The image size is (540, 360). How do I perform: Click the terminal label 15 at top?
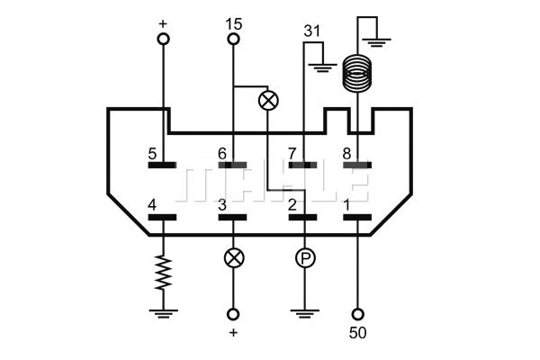click(x=233, y=23)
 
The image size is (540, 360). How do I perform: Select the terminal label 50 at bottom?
click(x=358, y=334)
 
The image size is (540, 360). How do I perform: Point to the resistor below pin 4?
click(x=163, y=272)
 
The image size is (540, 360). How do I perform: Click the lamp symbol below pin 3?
click(x=233, y=258)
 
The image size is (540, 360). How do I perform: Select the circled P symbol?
click(x=304, y=258)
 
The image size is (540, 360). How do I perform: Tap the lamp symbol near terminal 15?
click(x=268, y=100)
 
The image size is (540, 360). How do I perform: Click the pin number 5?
click(x=153, y=154)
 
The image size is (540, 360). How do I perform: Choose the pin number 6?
click(x=223, y=154)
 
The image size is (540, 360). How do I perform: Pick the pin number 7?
click(x=292, y=154)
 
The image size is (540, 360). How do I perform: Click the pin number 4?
click(x=153, y=205)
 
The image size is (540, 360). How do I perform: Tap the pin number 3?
click(x=223, y=205)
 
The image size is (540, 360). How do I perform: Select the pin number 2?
click(x=292, y=205)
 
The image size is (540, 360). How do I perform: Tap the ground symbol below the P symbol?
click(x=304, y=313)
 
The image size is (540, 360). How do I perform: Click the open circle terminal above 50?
click(x=358, y=314)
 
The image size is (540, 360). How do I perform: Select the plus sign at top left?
click(x=163, y=22)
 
